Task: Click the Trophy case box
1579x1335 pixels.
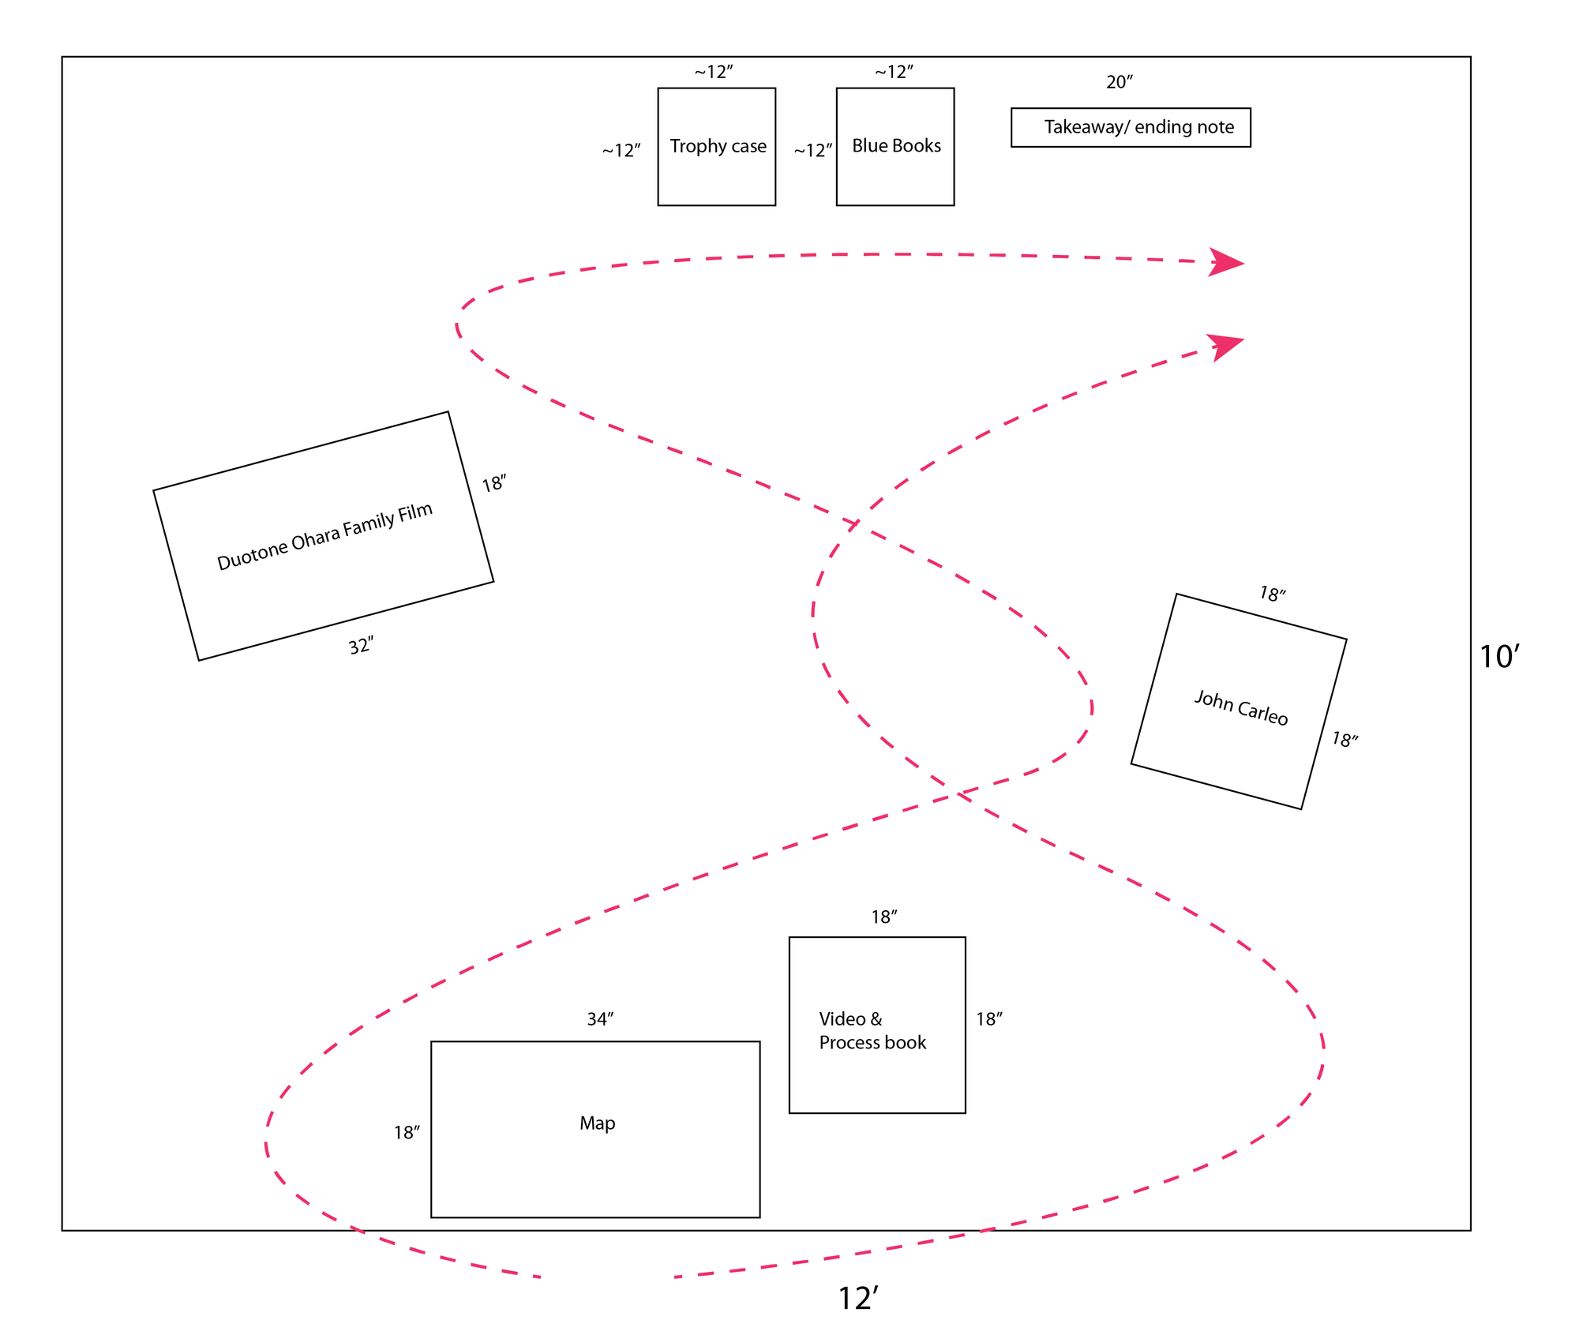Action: pyautogui.click(x=717, y=147)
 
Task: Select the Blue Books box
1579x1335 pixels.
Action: pyautogui.click(x=895, y=147)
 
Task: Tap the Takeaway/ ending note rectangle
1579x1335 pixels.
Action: pyautogui.click(x=1131, y=127)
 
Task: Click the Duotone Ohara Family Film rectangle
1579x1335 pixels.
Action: pyautogui.click(x=324, y=536)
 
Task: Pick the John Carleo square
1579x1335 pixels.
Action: pyautogui.click(x=1239, y=701)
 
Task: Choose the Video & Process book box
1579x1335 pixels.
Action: pyautogui.click(x=877, y=1025)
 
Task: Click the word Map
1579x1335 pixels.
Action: pyautogui.click(x=597, y=1123)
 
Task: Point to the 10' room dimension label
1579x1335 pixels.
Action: pyautogui.click(x=1498, y=657)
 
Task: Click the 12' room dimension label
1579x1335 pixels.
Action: pyautogui.click(x=857, y=1299)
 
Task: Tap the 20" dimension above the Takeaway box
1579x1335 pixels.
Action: pyautogui.click(x=1120, y=82)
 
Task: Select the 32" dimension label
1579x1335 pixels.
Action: pyautogui.click(x=361, y=647)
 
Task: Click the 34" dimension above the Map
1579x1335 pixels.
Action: pyautogui.click(x=600, y=1019)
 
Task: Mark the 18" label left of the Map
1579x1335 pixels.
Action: pyautogui.click(x=407, y=1133)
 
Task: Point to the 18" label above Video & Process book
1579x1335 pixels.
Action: pyautogui.click(x=884, y=917)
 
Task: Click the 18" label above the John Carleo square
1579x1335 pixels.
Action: pyautogui.click(x=1272, y=594)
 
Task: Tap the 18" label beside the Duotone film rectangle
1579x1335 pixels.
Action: pyautogui.click(x=494, y=483)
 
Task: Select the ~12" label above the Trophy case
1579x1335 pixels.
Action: pyautogui.click(x=714, y=73)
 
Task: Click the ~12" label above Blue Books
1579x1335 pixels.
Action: pyautogui.click(x=894, y=73)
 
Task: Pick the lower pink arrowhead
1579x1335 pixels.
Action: pyautogui.click(x=1225, y=346)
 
